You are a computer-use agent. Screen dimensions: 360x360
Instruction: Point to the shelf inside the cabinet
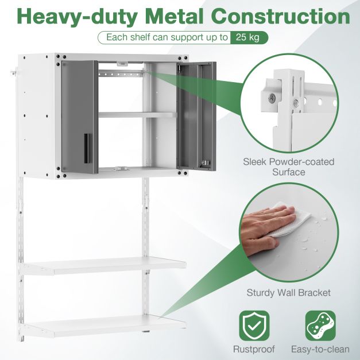pyautogui.click(x=137, y=115)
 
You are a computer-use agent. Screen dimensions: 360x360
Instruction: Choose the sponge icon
pyautogui.click(x=320, y=326)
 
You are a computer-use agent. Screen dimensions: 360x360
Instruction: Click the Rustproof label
pyautogui.click(x=254, y=349)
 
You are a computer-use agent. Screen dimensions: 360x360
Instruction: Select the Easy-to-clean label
pyautogui.click(x=320, y=349)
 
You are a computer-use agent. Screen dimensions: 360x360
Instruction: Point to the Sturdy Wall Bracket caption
pyautogui.click(x=288, y=293)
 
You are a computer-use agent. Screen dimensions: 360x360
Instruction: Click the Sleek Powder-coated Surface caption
pyautogui.click(x=297, y=167)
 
